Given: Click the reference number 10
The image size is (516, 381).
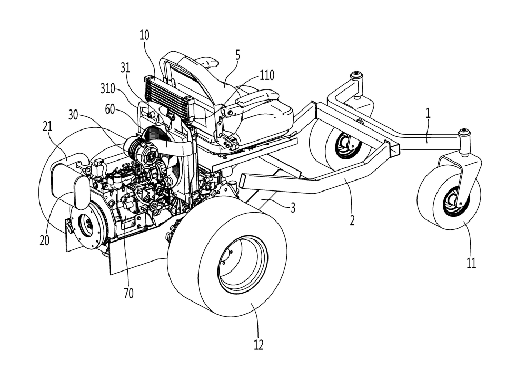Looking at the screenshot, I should (x=145, y=36).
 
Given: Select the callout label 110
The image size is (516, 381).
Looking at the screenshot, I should (x=266, y=75).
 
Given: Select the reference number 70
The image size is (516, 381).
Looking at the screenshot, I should (x=128, y=294).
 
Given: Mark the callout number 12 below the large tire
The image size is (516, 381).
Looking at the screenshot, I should (x=258, y=345).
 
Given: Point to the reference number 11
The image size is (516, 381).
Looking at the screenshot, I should (x=471, y=263).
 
